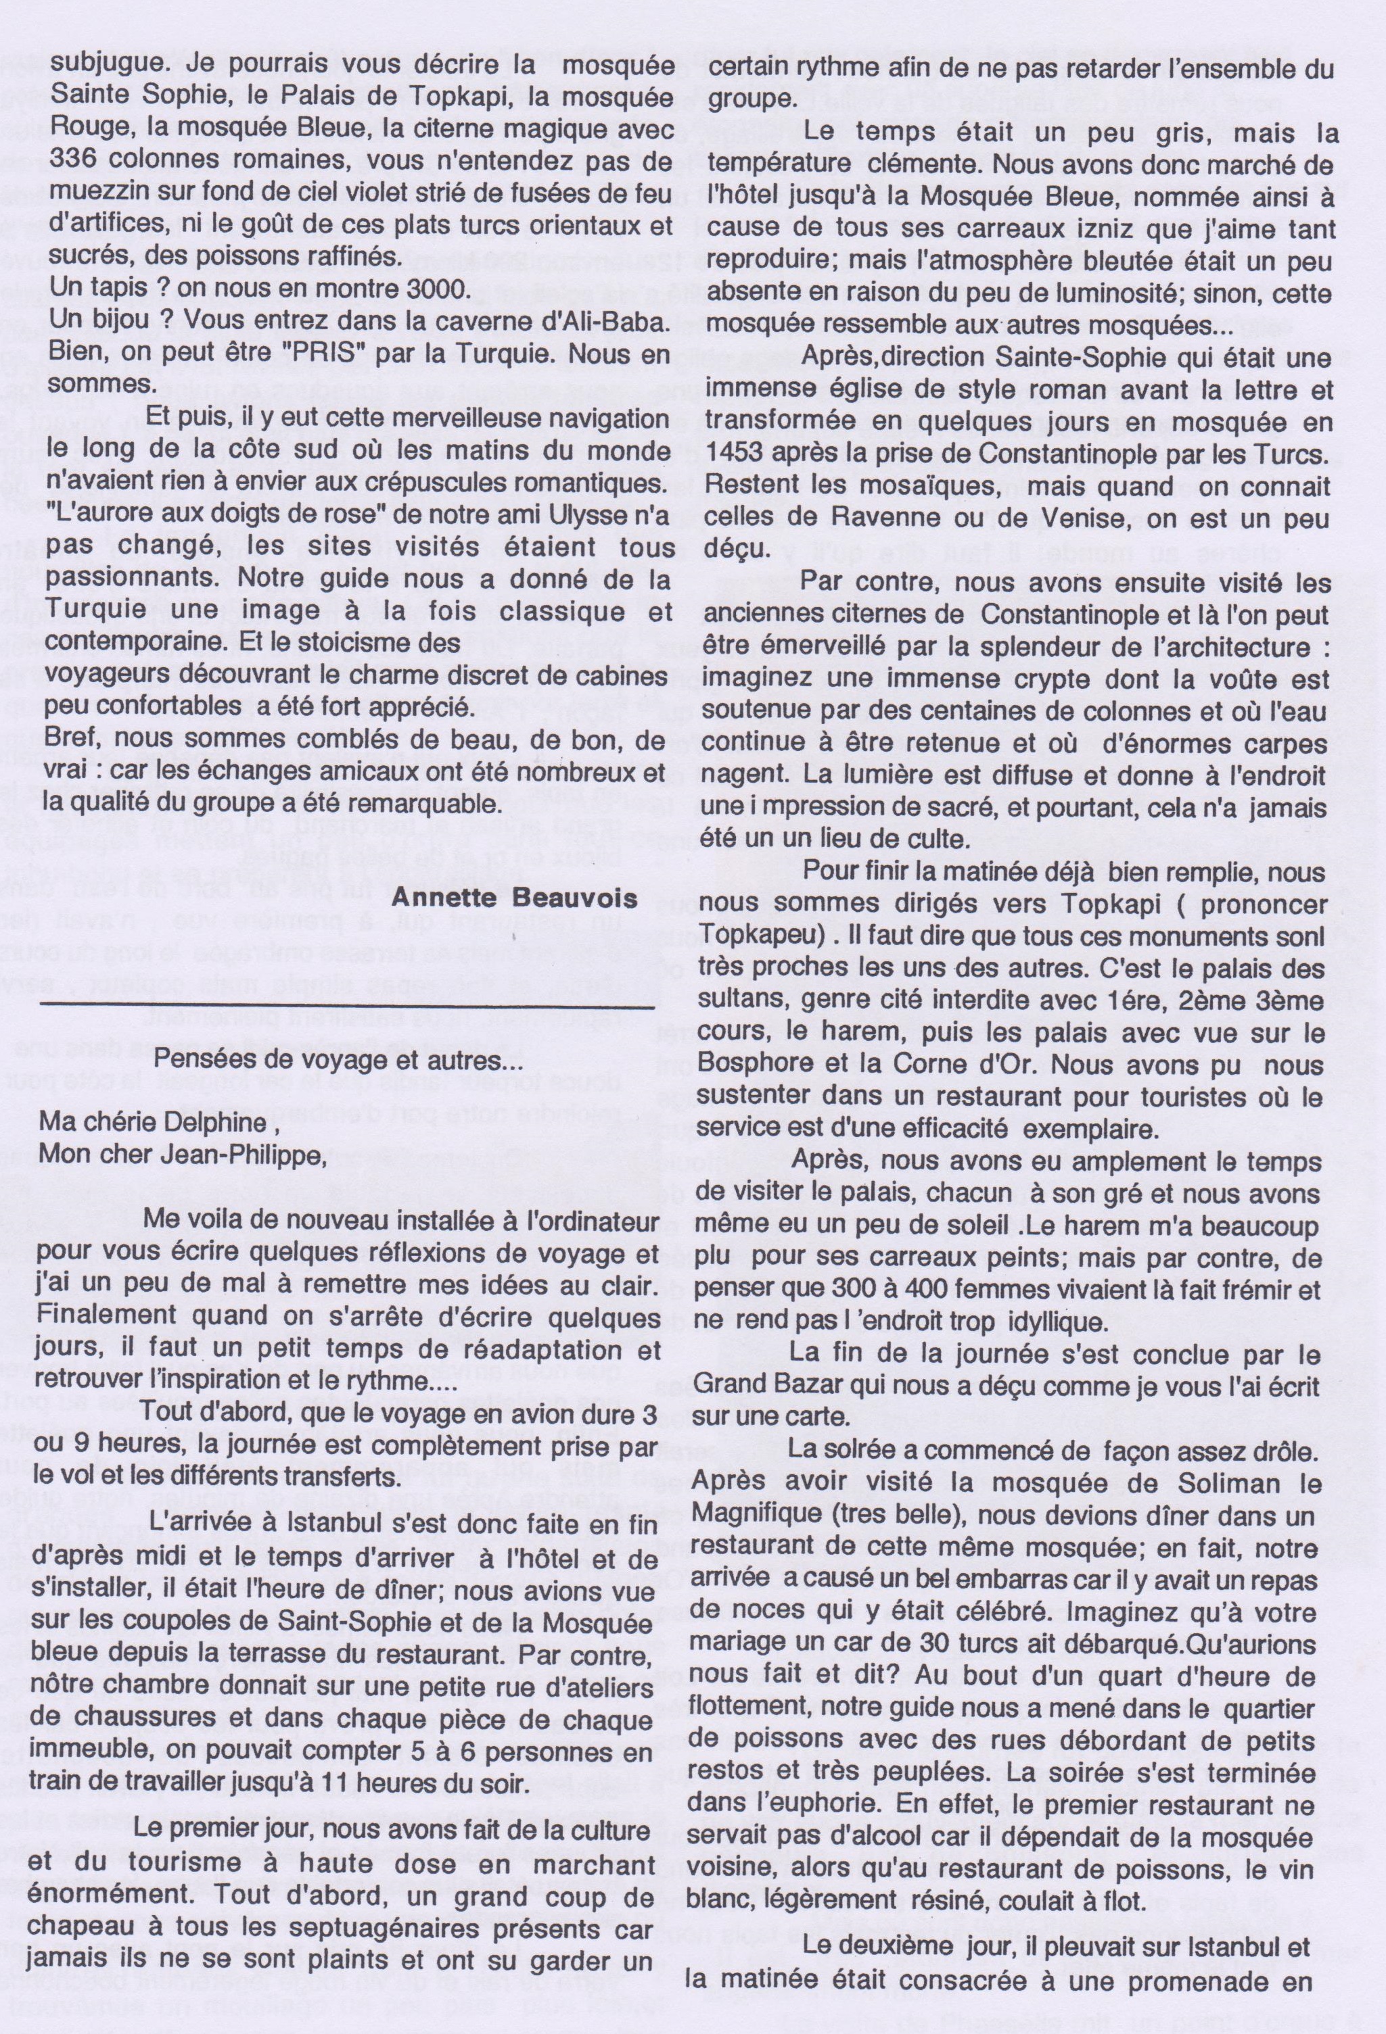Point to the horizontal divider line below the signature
pyautogui.click(x=347, y=1009)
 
